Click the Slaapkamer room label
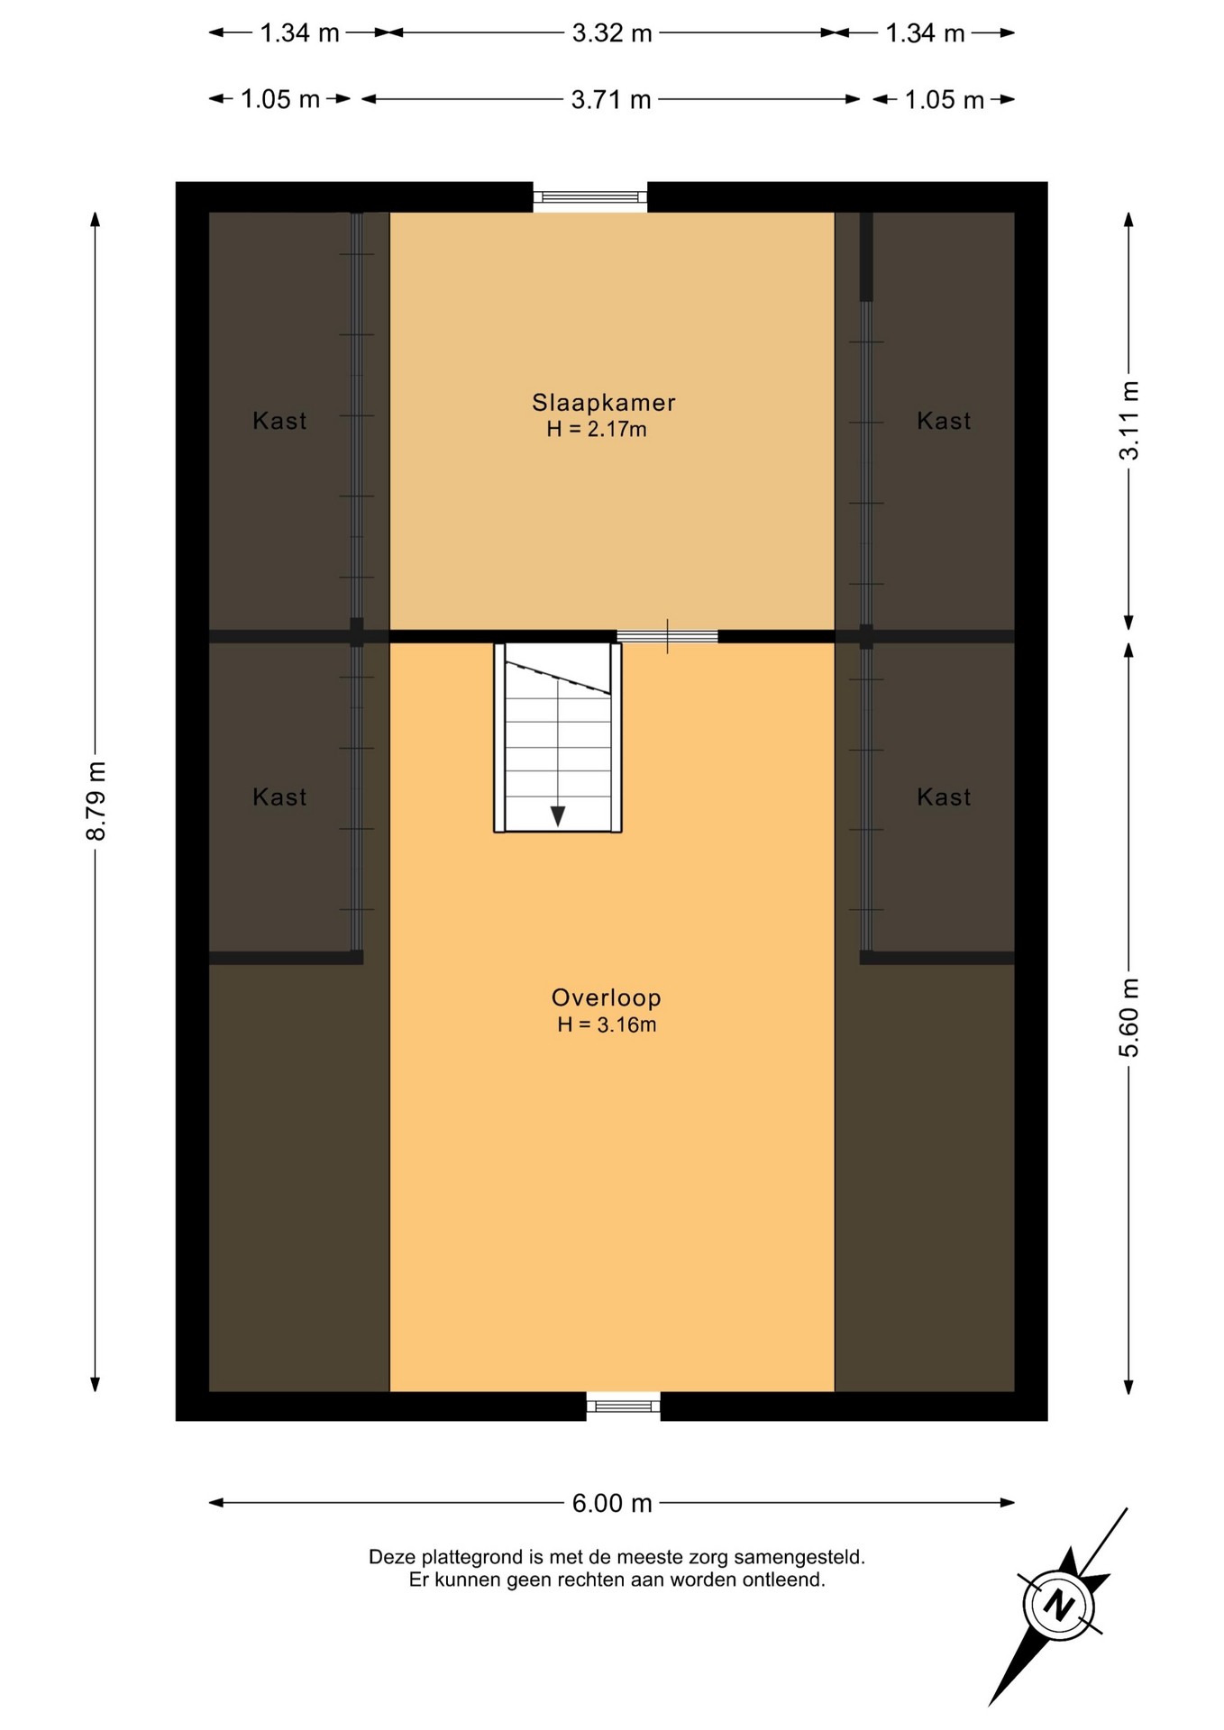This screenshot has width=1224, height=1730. click(x=603, y=403)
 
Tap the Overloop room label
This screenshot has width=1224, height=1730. click(x=607, y=997)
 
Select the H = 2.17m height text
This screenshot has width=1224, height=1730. click(x=597, y=430)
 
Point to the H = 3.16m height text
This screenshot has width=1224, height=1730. click(x=607, y=1024)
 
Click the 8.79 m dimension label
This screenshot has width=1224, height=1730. click(x=96, y=800)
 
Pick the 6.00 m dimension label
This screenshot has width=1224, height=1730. click(x=612, y=1503)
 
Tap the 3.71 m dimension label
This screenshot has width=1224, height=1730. click(x=611, y=99)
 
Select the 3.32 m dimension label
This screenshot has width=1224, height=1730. click(x=612, y=33)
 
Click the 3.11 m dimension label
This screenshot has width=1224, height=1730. click(x=1129, y=420)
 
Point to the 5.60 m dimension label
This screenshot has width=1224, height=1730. click(x=1129, y=1018)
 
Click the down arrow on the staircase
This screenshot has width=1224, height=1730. click(x=558, y=815)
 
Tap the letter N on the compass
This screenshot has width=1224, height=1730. click(x=1060, y=1606)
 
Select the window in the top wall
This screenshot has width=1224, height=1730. click(x=590, y=196)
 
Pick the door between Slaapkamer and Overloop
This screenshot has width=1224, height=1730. click(x=667, y=636)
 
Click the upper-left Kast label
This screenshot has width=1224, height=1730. click(x=279, y=421)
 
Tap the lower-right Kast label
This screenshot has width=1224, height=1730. click(x=944, y=797)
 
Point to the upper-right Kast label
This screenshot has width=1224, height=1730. click(x=944, y=421)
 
